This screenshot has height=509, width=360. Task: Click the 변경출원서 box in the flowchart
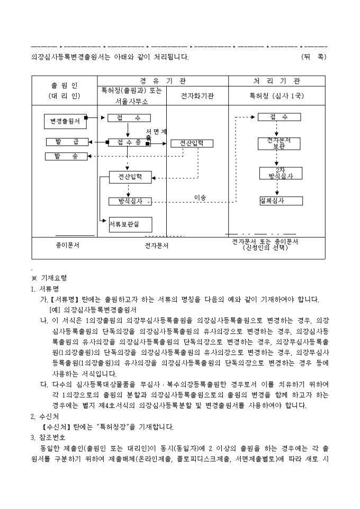click(x=65, y=121)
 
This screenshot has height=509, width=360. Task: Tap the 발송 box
click(x=66, y=156)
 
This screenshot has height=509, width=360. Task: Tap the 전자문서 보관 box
click(x=280, y=143)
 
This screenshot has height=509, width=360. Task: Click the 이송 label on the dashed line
click(x=200, y=197)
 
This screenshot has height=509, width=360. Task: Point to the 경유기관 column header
click(x=163, y=81)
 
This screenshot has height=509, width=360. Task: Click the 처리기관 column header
click(x=276, y=81)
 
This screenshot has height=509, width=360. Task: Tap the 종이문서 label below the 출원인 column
click(x=67, y=246)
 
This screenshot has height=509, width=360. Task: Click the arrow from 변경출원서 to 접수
click(x=96, y=117)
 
